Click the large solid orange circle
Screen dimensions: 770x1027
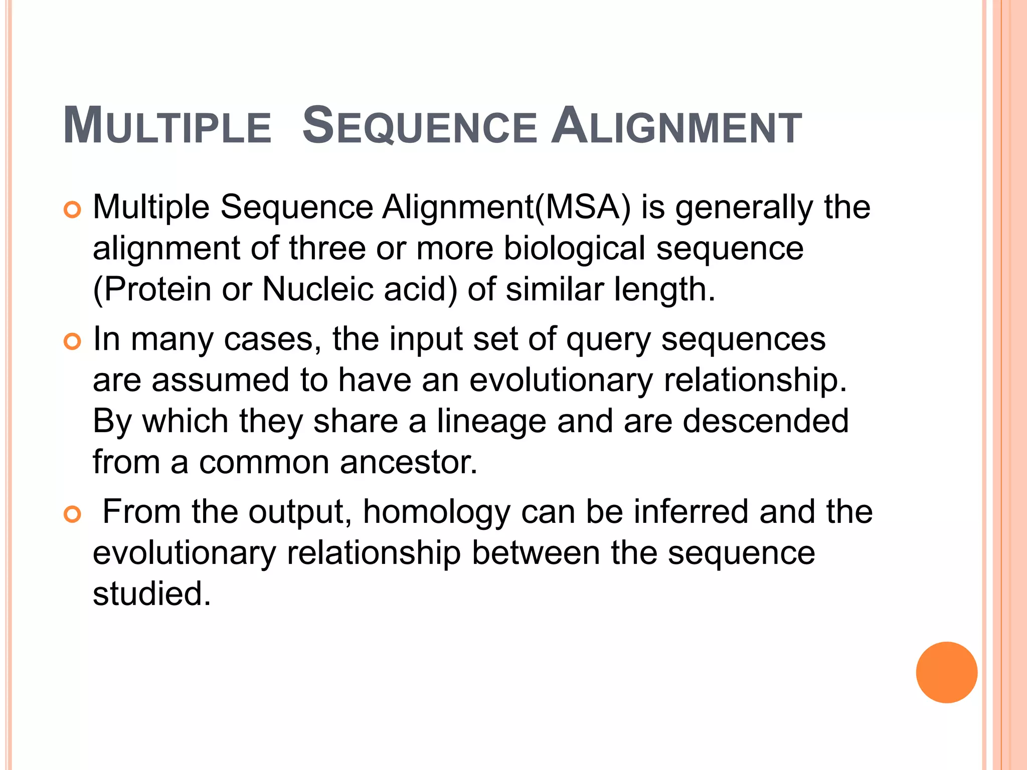(x=946, y=672)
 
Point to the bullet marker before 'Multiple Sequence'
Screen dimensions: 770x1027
(x=73, y=210)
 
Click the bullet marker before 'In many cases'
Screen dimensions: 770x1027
(x=73, y=342)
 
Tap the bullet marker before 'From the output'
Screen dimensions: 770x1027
(x=73, y=515)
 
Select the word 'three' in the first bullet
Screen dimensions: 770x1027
(x=327, y=248)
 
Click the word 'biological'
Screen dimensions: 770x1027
(x=574, y=249)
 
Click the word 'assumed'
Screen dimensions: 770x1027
(x=221, y=380)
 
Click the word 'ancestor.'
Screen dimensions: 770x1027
(x=409, y=462)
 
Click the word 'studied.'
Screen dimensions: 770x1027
(x=152, y=594)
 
